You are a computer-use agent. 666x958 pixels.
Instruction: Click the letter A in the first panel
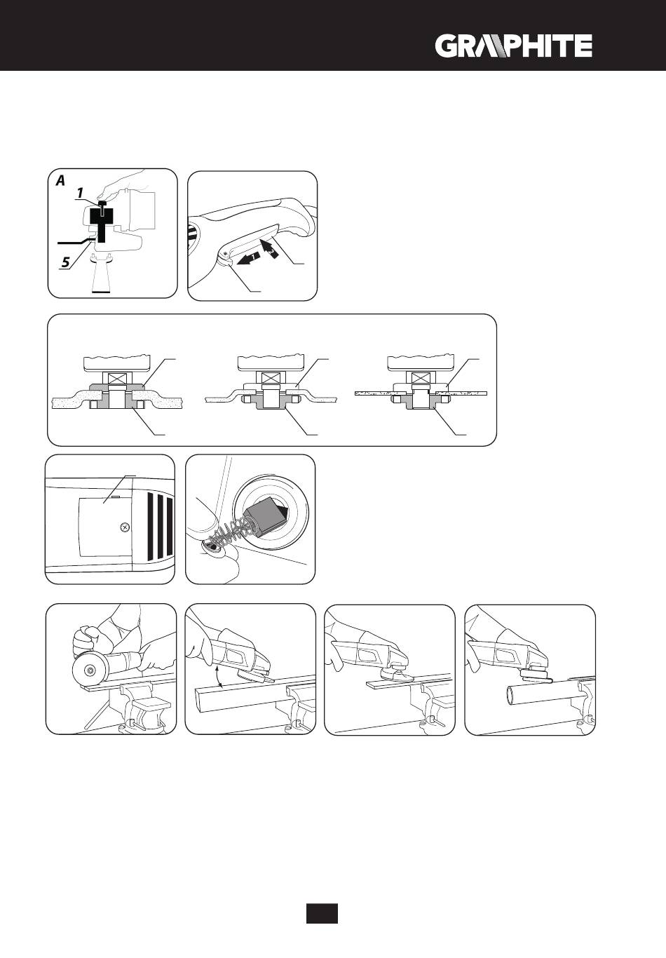coord(60,180)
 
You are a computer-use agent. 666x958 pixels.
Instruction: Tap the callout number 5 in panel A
coord(64,263)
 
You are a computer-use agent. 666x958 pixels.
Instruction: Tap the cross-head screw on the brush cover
coord(124,527)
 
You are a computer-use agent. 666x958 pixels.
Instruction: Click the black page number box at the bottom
coord(322,912)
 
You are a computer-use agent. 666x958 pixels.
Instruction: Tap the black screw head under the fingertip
coord(103,208)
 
